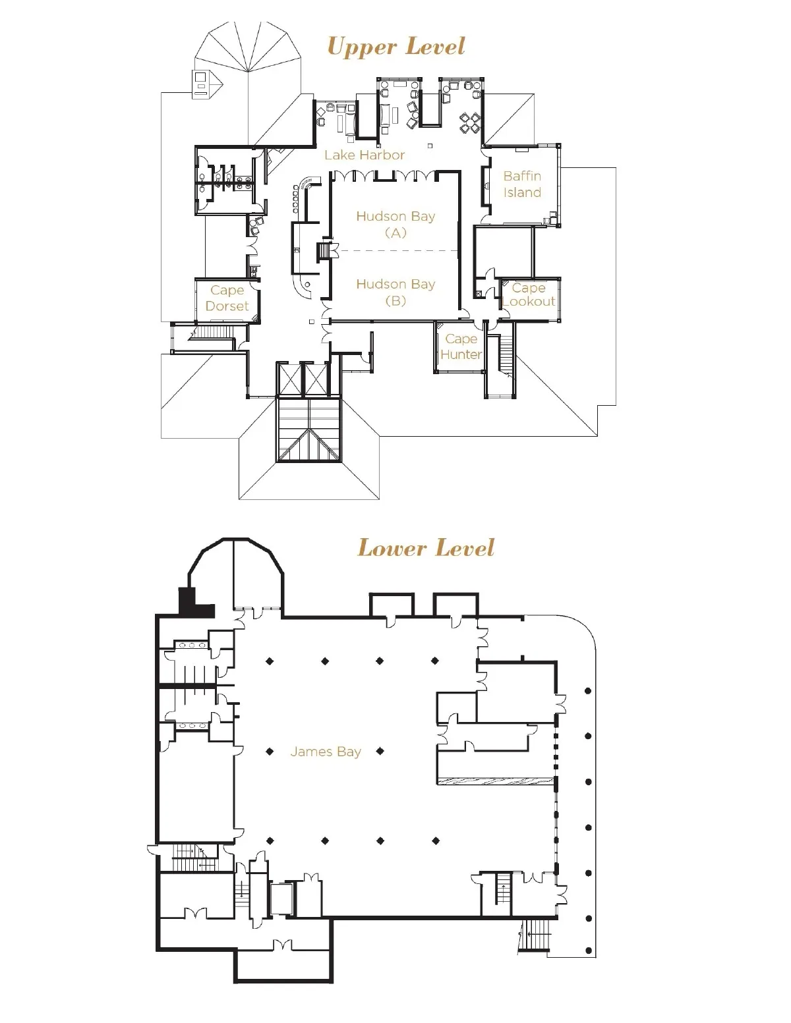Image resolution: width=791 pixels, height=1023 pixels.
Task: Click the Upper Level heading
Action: pos(395,47)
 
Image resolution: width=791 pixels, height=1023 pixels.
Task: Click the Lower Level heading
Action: pos(426,547)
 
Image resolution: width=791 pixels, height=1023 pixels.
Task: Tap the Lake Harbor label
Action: pos(365,155)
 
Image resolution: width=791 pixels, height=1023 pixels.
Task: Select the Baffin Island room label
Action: pos(522,184)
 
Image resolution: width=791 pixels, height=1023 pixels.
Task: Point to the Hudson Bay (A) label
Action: pos(395,224)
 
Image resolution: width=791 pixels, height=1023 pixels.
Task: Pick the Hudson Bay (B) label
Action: pos(395,292)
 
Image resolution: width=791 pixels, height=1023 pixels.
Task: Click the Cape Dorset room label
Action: pos(227,298)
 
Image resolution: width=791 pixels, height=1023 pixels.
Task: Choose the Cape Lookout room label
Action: pos(529,294)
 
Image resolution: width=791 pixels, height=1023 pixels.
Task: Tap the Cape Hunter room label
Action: pos(461,346)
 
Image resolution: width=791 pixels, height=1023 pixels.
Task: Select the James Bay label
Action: pos(326,752)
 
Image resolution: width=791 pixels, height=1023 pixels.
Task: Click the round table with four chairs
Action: pos(471,123)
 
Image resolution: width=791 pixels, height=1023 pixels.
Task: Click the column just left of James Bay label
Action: pos(270,752)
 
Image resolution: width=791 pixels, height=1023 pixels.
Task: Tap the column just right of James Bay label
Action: pos(380,752)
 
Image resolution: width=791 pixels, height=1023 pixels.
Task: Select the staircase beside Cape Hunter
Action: pos(506,354)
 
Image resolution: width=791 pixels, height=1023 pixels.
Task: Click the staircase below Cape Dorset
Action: pos(214,333)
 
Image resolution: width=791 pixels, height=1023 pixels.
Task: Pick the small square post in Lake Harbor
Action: pos(430,146)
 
